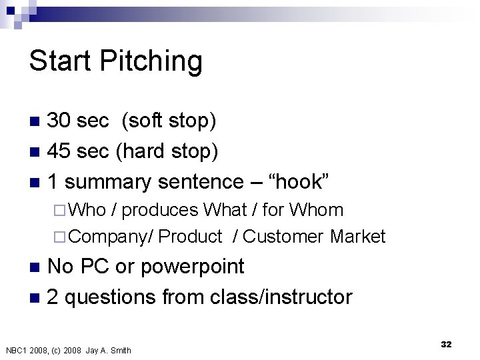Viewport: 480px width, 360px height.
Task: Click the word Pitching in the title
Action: [x=151, y=61]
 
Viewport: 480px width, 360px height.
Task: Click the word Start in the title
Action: [x=60, y=60]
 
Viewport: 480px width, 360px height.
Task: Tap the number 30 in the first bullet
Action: [x=59, y=120]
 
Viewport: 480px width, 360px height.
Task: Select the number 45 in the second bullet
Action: [x=59, y=151]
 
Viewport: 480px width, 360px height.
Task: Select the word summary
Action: [x=108, y=183]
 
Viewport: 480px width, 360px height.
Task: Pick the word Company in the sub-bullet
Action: [x=108, y=237]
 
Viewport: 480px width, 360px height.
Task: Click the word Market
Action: [x=357, y=236]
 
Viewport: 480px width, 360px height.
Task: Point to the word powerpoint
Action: [x=193, y=267]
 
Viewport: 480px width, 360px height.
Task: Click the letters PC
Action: [x=95, y=266]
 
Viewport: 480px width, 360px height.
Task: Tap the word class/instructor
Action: [x=281, y=297]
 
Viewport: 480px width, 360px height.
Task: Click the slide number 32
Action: [x=446, y=344]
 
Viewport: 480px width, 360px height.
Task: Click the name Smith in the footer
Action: [x=121, y=350]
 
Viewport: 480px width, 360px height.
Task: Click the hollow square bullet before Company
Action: [x=59, y=237]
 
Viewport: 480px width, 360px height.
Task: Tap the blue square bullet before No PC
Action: [x=35, y=267]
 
